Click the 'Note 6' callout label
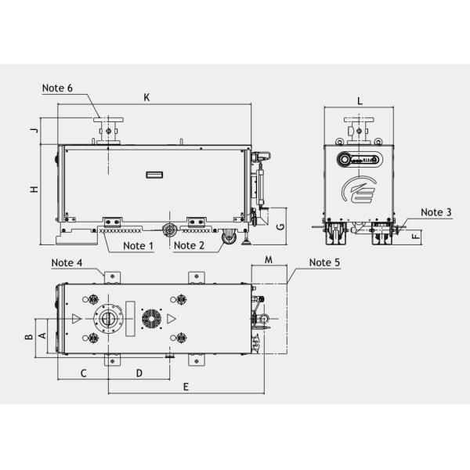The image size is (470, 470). click(x=58, y=89)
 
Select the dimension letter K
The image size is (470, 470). click(x=146, y=97)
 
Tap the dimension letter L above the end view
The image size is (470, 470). click(x=360, y=101)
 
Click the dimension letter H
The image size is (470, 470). click(x=34, y=190)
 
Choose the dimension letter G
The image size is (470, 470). click(x=280, y=226)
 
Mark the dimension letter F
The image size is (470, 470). click(x=416, y=233)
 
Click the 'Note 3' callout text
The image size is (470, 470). click(x=436, y=212)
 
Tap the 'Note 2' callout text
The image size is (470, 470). click(x=190, y=245)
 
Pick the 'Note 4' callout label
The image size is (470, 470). click(x=67, y=262)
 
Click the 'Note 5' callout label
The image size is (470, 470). click(x=324, y=262)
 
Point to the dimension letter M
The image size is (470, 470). click(x=268, y=259)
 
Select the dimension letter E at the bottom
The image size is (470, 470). click(x=185, y=387)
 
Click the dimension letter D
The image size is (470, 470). click(x=139, y=373)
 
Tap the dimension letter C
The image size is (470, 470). click(x=82, y=373)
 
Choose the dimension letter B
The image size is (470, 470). click(x=27, y=338)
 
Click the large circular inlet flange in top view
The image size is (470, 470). click(x=107, y=320)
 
